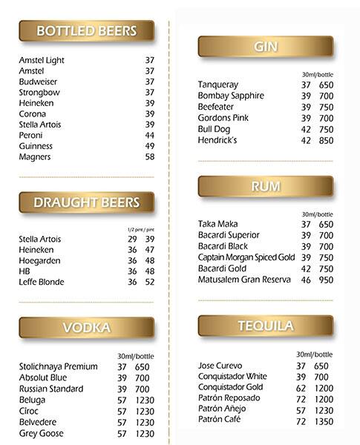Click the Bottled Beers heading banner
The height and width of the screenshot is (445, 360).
(x=86, y=31)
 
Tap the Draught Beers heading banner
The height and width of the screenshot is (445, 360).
(x=86, y=202)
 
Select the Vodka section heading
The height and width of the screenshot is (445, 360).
(x=86, y=327)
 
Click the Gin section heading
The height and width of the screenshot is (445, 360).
(x=265, y=47)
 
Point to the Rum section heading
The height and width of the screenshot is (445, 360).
(x=265, y=186)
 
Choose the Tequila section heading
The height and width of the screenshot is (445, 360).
(x=265, y=326)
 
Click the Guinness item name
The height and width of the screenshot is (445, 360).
(x=36, y=146)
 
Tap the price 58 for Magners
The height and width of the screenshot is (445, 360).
(x=150, y=156)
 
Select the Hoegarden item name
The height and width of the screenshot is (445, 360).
(x=39, y=260)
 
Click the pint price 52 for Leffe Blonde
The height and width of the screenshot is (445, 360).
(x=150, y=282)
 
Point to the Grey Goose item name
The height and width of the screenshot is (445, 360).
(x=41, y=433)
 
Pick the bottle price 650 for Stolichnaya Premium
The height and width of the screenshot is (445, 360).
(x=143, y=366)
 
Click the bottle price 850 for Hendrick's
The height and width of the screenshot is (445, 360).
(x=326, y=140)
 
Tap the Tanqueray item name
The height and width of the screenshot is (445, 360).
(x=218, y=85)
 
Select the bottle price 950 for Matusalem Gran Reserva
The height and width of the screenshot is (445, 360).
(x=326, y=280)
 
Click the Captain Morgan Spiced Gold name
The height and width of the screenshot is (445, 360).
(x=246, y=257)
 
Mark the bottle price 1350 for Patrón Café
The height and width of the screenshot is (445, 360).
(x=324, y=420)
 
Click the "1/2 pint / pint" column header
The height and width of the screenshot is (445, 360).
(x=141, y=228)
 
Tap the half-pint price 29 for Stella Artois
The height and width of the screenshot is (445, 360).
(x=132, y=239)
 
